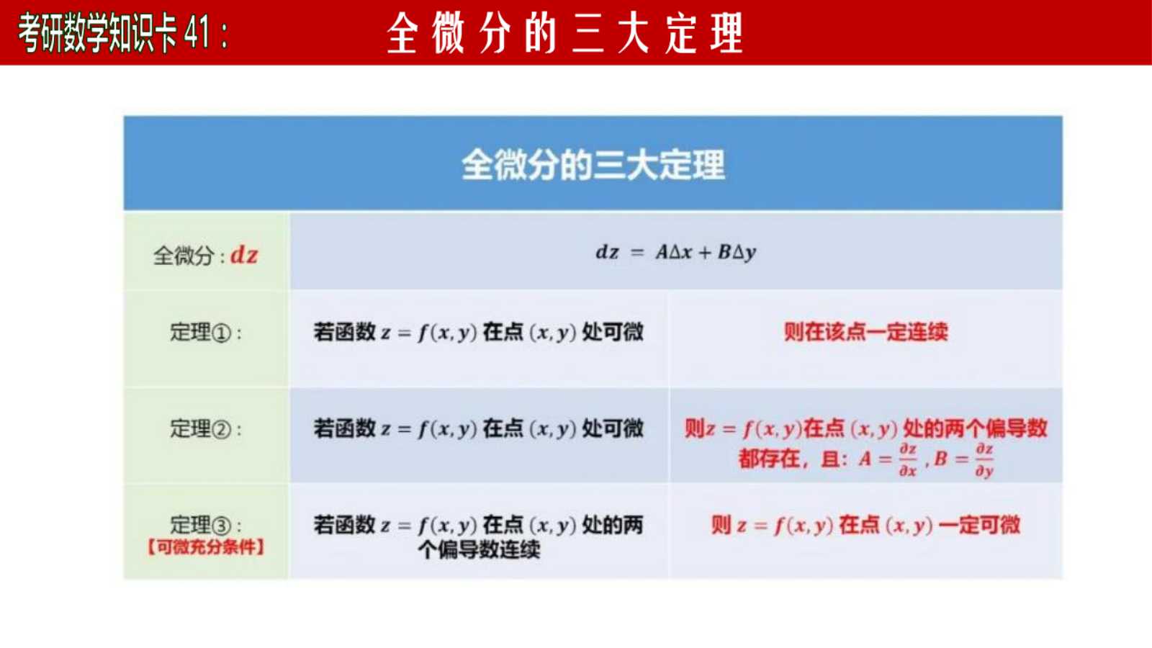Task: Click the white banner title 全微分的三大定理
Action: pyautogui.click(x=564, y=33)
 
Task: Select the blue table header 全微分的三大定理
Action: pyautogui.click(x=593, y=165)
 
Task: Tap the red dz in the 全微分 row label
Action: pyautogui.click(x=244, y=255)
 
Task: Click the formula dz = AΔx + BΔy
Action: pyautogui.click(x=676, y=252)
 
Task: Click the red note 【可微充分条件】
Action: pyautogui.click(x=206, y=547)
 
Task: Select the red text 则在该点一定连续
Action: pyautogui.click(x=865, y=332)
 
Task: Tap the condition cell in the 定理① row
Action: pyautogui.click(x=479, y=332)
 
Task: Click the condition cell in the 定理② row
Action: pyautogui.click(x=479, y=429)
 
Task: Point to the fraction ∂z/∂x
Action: pyautogui.click(x=908, y=460)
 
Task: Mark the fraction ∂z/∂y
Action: pyautogui.click(x=984, y=460)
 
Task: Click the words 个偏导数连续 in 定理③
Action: pyautogui.click(x=479, y=550)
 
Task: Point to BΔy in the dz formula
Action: pyautogui.click(x=737, y=252)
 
